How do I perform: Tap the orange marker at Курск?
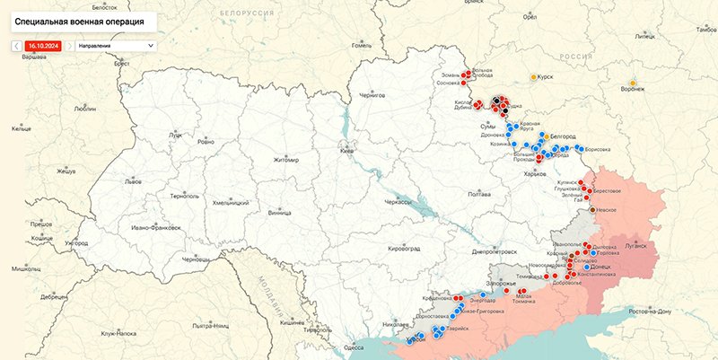click(x=534, y=77)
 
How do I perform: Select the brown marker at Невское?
click(x=592, y=209)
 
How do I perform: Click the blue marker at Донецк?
click(x=586, y=267)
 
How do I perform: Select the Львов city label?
click(x=133, y=180)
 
